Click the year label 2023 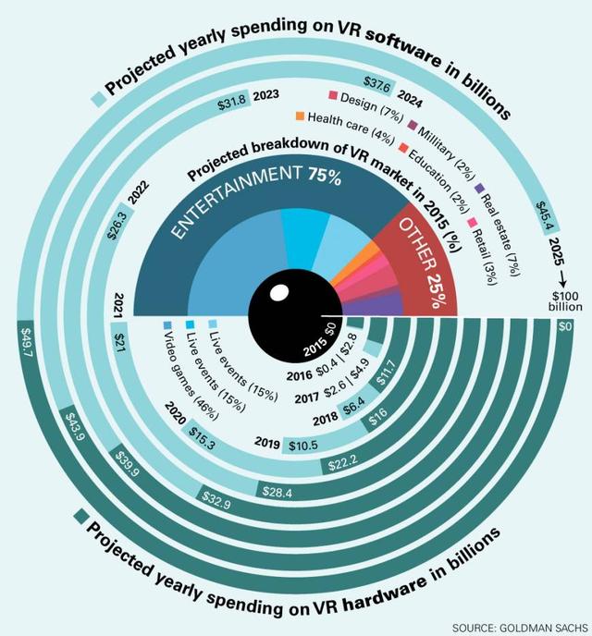click(266, 94)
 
